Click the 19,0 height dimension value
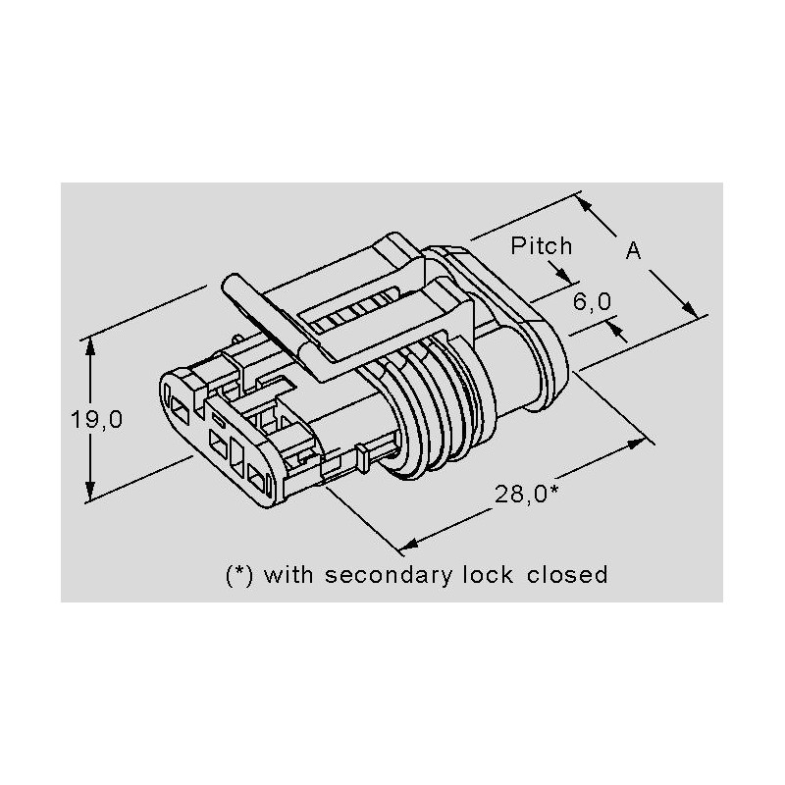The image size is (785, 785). (96, 419)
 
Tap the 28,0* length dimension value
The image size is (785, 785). (527, 495)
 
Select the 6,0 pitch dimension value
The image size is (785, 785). (593, 301)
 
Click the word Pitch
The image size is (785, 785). (542, 246)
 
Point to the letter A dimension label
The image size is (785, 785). (633, 250)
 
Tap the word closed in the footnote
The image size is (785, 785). (567, 574)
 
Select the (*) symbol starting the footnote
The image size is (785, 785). (239, 575)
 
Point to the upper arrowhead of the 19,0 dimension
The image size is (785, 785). (90, 347)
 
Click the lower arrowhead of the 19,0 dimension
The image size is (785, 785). (90, 491)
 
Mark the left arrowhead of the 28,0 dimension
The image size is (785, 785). (409, 544)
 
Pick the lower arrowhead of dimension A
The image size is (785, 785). (691, 309)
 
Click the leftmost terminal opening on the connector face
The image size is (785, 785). (180, 408)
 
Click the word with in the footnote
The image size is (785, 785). (288, 574)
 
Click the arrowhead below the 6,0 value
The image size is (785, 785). (616, 330)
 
